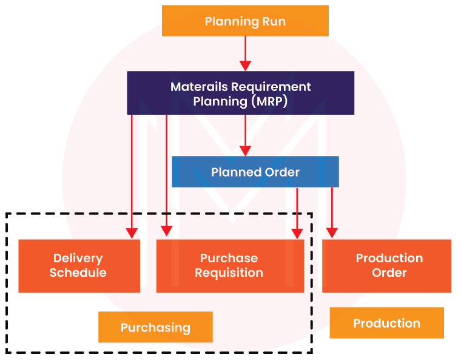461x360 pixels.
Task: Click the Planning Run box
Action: pyautogui.click(x=245, y=21)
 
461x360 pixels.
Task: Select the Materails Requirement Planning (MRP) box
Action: pyautogui.click(x=240, y=93)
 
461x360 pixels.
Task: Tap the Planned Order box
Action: pyautogui.click(x=255, y=172)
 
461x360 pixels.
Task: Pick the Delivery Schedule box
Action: pyautogui.click(x=79, y=266)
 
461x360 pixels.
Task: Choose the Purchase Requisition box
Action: pyautogui.click(x=230, y=266)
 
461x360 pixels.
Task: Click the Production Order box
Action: pyautogui.click(x=387, y=266)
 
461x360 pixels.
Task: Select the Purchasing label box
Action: pyautogui.click(x=155, y=328)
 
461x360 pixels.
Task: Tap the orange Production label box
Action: pyautogui.click(x=386, y=323)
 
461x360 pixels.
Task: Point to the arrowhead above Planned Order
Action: pyautogui.click(x=245, y=150)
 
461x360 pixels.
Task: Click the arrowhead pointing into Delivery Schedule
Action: pyautogui.click(x=132, y=233)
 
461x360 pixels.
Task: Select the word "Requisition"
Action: pyautogui.click(x=229, y=273)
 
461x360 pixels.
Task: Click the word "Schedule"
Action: pyautogui.click(x=78, y=273)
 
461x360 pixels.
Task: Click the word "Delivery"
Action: pyautogui.click(x=78, y=259)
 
